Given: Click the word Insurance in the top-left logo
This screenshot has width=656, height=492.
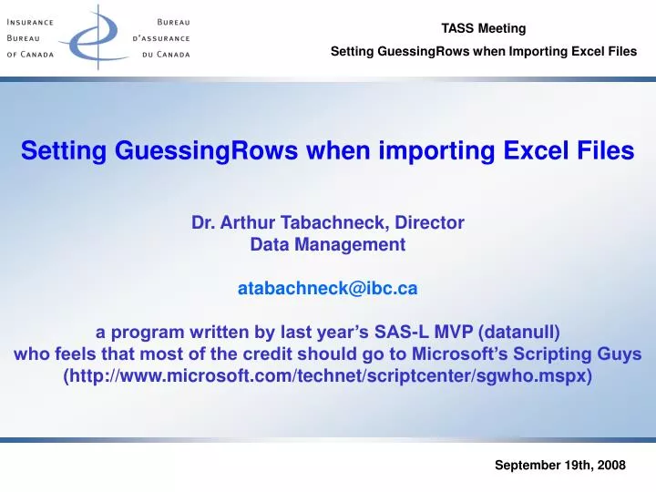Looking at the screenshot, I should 36,22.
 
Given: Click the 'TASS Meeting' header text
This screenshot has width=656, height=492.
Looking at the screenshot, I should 484,28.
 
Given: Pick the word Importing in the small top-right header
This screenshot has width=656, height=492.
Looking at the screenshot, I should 534,51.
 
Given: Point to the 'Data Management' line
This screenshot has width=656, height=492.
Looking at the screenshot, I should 328,244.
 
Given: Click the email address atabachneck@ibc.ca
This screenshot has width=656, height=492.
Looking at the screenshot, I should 328,288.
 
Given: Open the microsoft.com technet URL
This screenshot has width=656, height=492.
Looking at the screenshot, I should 328,375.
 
